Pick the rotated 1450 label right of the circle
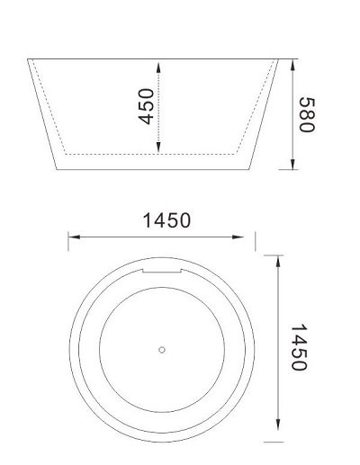[x=300, y=347]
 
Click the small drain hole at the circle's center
[x=162, y=350]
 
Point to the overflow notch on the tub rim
[x=162, y=270]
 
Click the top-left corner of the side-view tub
[x=28, y=60]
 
